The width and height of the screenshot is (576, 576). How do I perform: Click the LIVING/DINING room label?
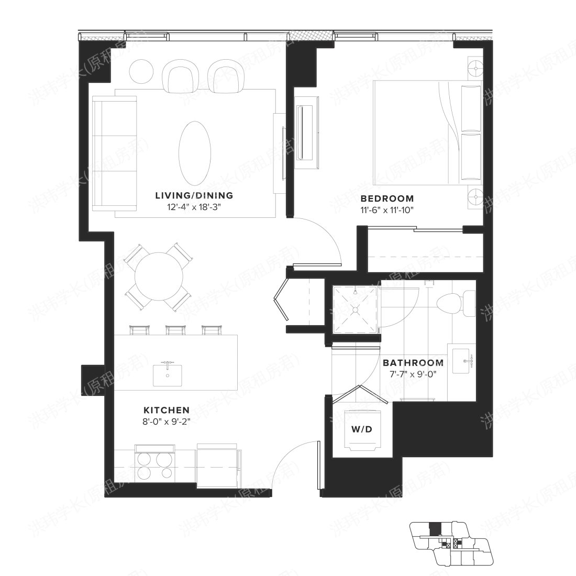pos(194,196)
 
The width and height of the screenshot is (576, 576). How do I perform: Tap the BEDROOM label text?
pos(387,199)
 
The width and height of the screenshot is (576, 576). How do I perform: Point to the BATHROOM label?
pos(413,363)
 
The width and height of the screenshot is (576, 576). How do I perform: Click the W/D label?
pos(361,430)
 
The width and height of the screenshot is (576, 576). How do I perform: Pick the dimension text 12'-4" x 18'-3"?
pos(194,207)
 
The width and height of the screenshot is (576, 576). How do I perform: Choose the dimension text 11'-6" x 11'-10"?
pos(387,210)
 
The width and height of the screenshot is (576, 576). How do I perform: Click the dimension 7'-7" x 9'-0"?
pos(413,374)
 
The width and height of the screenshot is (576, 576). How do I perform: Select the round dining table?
pos(159,277)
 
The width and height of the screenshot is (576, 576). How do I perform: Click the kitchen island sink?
pos(168,373)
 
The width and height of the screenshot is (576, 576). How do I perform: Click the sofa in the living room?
pos(114,153)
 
